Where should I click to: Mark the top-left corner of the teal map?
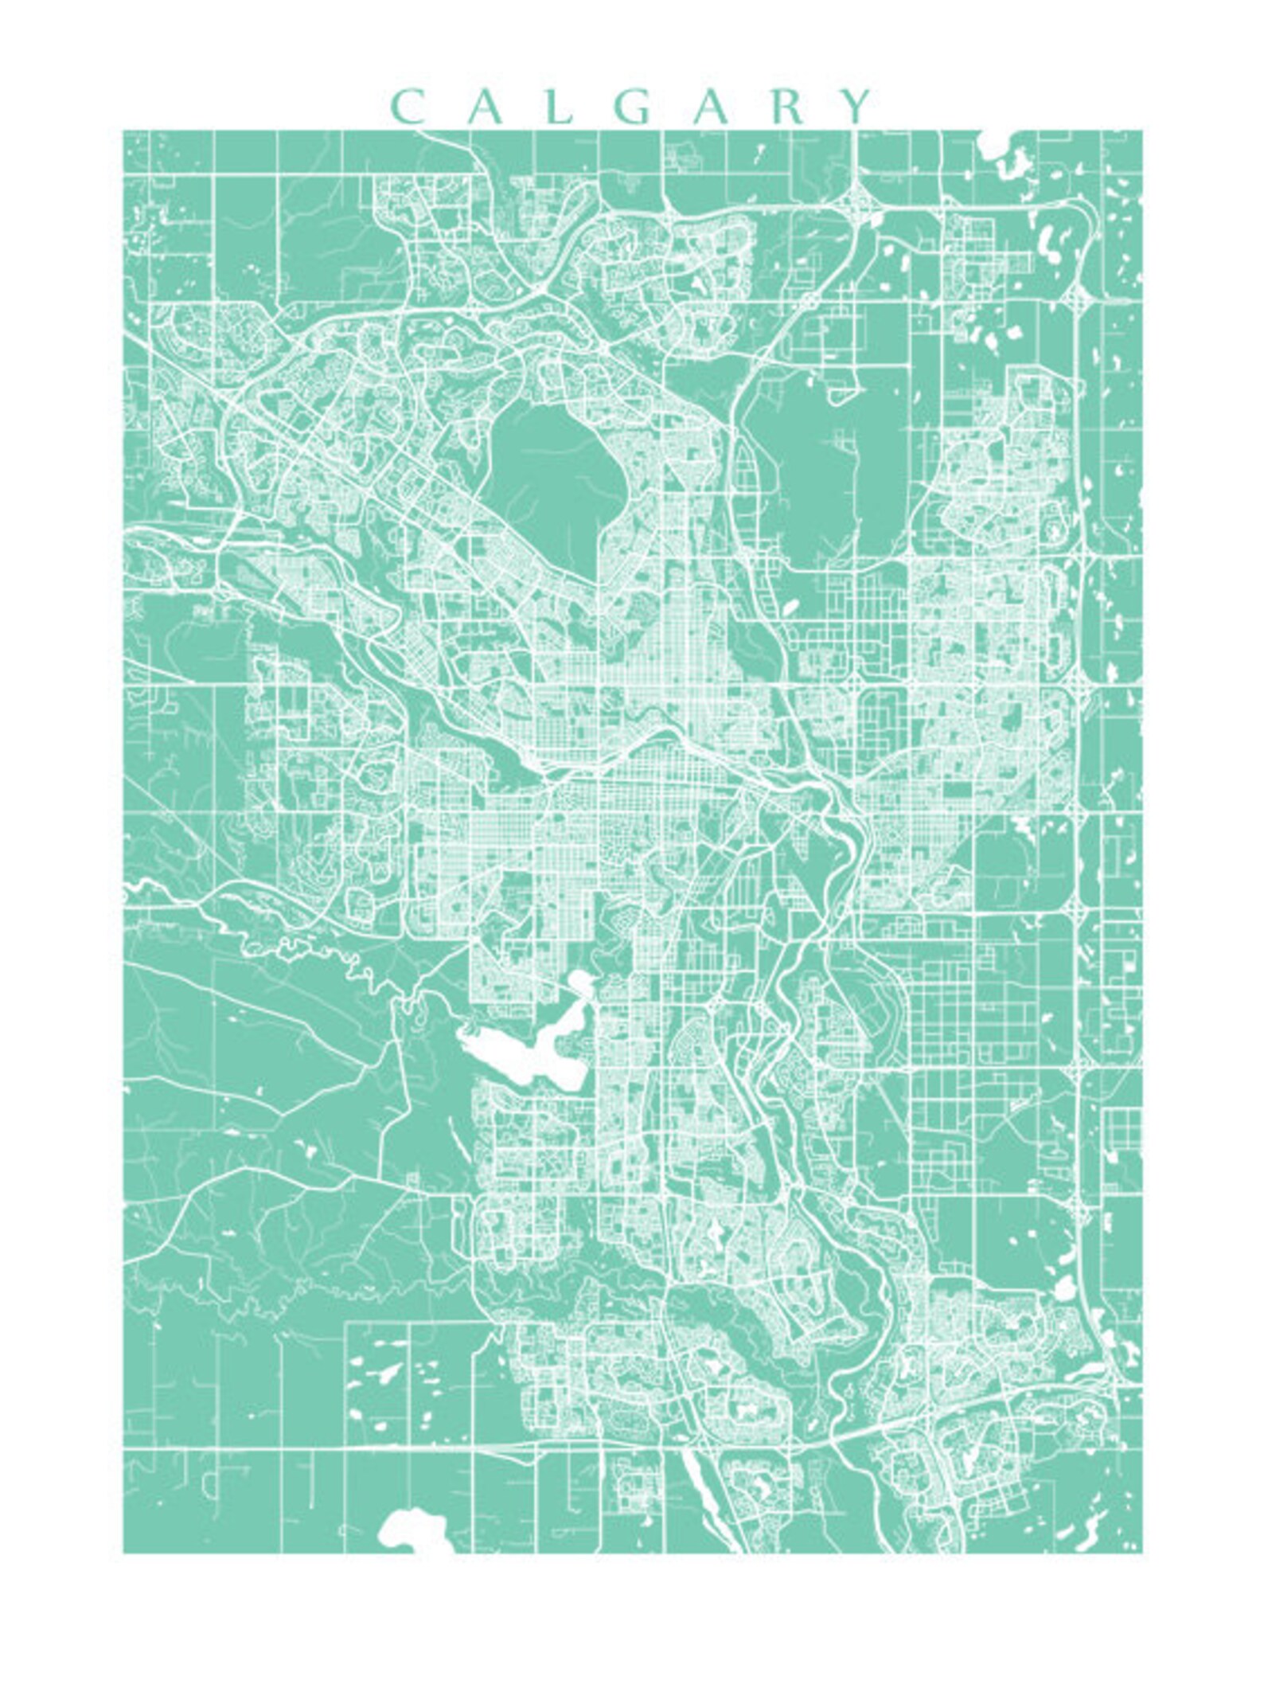(123, 131)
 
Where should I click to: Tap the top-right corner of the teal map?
(1142, 131)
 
